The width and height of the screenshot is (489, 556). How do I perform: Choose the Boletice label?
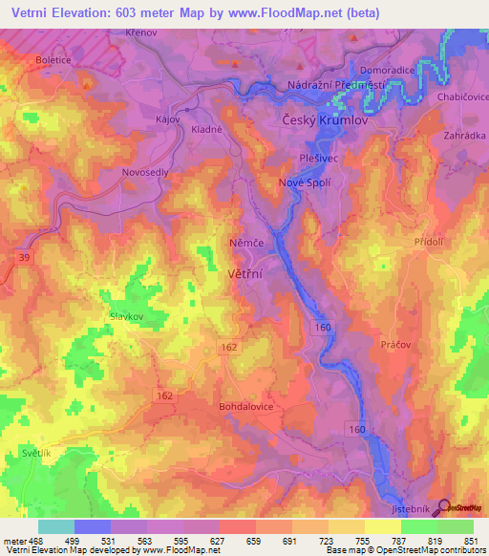[x=54, y=59]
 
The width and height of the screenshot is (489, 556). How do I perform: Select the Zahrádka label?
[x=464, y=136]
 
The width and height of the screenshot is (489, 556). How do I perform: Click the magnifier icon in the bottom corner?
[x=443, y=509]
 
